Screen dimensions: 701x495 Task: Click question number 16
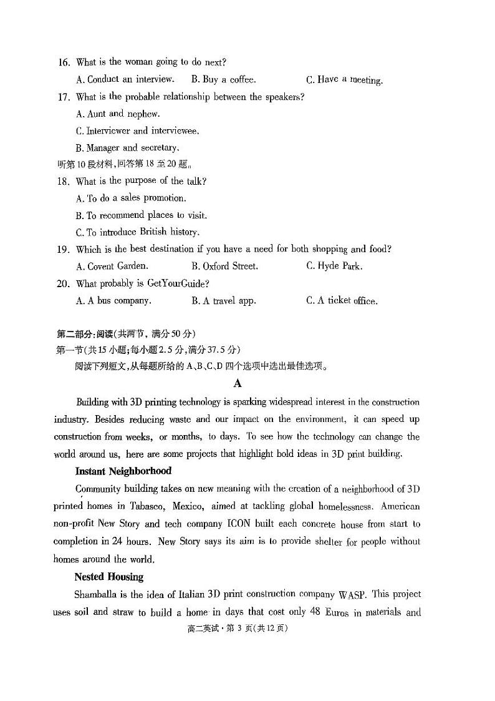coord(63,62)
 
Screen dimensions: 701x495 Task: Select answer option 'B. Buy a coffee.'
coord(223,79)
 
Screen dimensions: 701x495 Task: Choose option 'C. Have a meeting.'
coord(344,80)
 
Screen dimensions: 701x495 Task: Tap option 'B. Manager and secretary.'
coord(128,148)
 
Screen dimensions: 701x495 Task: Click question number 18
coord(63,182)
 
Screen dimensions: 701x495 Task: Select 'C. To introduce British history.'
coord(138,232)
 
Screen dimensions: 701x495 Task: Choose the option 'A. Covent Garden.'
coord(112,266)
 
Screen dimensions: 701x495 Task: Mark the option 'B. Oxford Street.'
coord(224,266)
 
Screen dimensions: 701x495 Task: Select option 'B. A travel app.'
coord(224,301)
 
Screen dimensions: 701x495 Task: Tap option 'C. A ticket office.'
coord(342,301)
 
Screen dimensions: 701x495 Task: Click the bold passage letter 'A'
coord(238,384)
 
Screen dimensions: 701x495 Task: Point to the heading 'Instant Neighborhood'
coord(123,471)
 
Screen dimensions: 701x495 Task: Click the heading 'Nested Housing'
coord(109,577)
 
